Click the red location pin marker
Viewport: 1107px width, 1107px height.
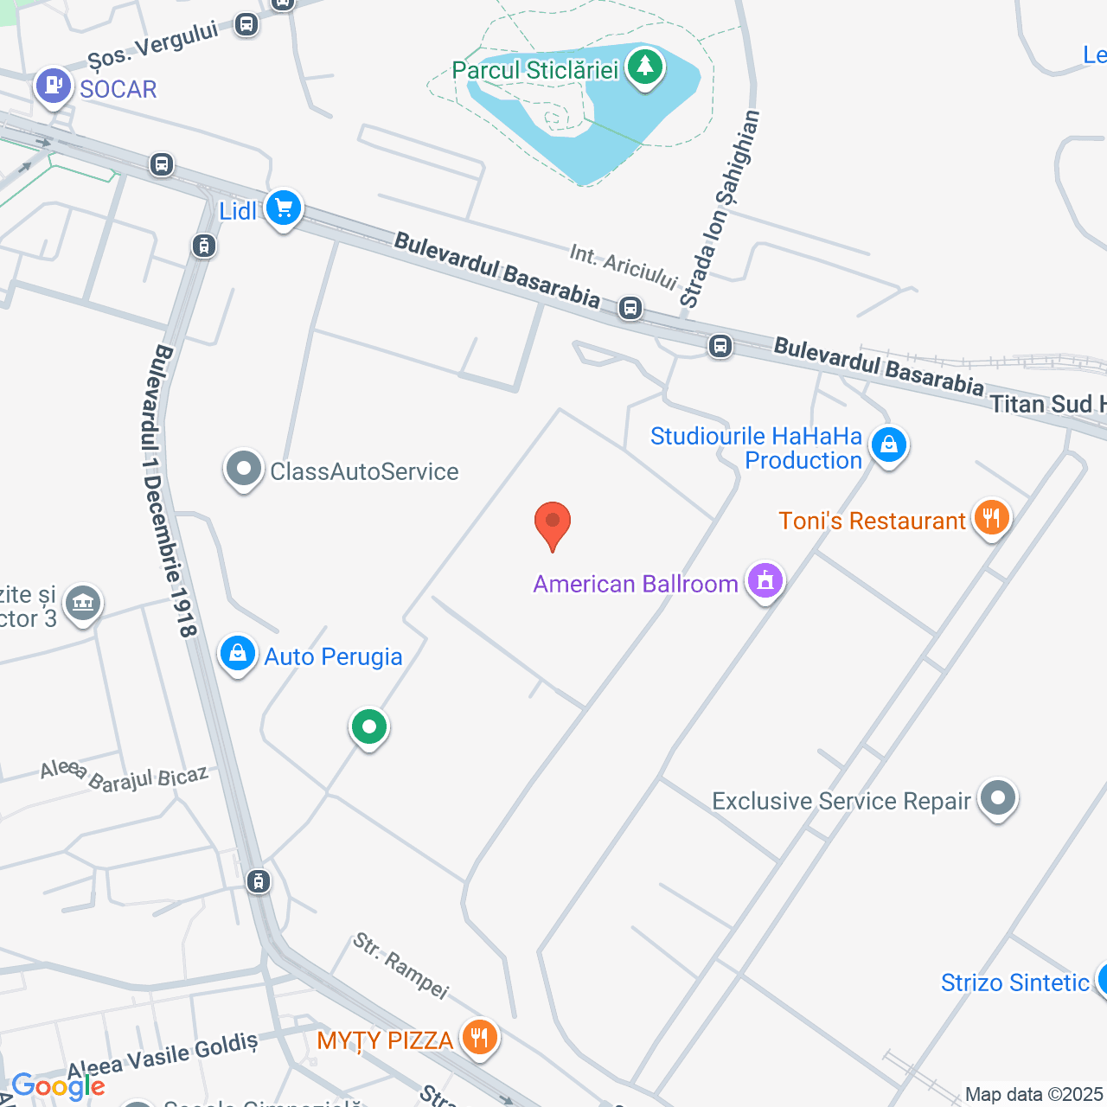pos(553,523)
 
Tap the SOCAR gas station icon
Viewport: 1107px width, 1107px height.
pos(54,86)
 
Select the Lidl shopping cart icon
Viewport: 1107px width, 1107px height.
pos(283,208)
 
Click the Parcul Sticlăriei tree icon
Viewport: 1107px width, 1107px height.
pos(644,67)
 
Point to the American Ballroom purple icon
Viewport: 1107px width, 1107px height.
pos(765,581)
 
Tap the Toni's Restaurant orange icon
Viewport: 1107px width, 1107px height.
pos(991,518)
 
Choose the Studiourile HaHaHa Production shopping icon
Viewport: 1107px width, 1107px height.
pos(888,445)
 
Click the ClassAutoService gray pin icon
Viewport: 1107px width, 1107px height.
pos(244,470)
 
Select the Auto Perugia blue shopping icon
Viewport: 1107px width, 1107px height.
pos(237,655)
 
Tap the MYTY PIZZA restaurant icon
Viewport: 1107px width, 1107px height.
pos(479,1037)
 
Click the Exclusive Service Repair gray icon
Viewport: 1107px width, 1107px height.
pos(998,798)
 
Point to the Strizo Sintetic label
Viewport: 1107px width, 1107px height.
pos(1014,982)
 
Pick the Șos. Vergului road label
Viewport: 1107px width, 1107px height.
pos(153,45)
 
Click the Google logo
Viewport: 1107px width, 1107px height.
pos(58,1086)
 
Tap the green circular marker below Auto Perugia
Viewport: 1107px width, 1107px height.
pos(369,727)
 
